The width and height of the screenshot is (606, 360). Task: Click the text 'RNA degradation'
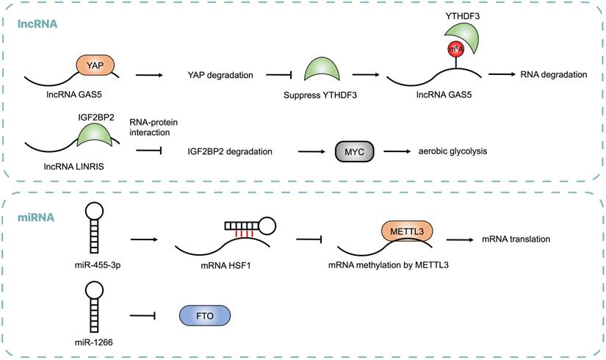(553, 73)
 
